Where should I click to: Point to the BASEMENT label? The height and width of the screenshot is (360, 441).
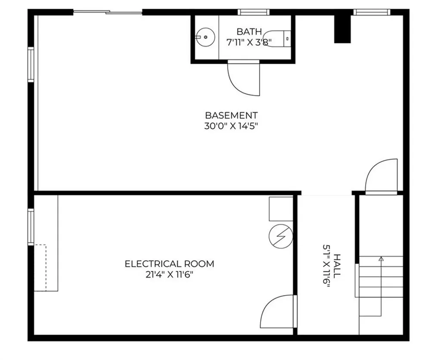(x=231, y=115)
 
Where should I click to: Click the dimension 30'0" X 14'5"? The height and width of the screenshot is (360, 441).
(x=231, y=126)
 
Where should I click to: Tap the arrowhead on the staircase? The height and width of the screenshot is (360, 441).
(x=381, y=259)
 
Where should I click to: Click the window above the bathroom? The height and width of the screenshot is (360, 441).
(x=254, y=12)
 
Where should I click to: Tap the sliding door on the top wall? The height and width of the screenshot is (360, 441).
(x=108, y=12)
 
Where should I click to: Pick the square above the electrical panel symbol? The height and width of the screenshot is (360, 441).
(x=280, y=209)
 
